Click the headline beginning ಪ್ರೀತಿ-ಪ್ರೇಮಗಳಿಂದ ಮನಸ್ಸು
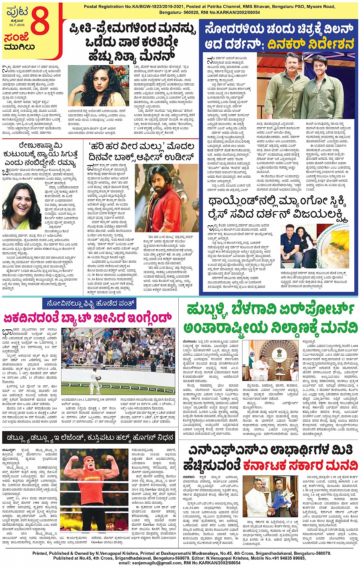coord(133,41)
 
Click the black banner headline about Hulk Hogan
coord(88,437)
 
